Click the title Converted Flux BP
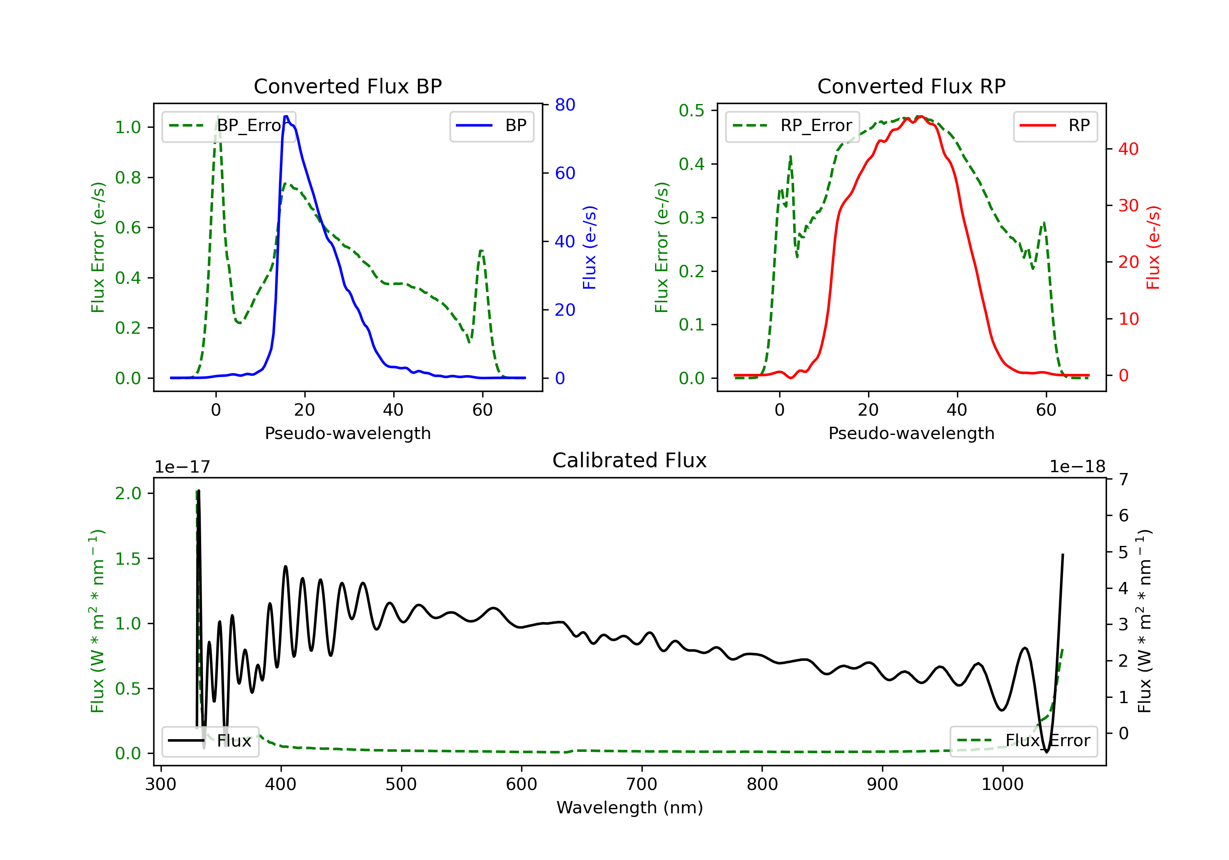pyautogui.click(x=348, y=86)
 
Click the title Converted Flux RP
pyautogui.click(x=912, y=86)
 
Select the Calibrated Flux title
pyautogui.click(x=630, y=460)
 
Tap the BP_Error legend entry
pyautogui.click(x=229, y=126)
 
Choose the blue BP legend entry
pyautogui.click(x=491, y=126)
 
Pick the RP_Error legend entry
pyautogui.click(x=792, y=126)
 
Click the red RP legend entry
pyautogui.click(x=1055, y=126)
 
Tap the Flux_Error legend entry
pyautogui.click(x=1023, y=741)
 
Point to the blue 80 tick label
pyautogui.click(x=565, y=105)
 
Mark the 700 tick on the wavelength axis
pyautogui.click(x=642, y=785)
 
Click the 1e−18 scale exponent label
pyautogui.click(x=1077, y=467)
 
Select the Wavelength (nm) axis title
pyautogui.click(x=630, y=808)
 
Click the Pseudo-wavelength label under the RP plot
pyautogui.click(x=912, y=433)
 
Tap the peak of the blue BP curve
pyautogui.click(x=286, y=116)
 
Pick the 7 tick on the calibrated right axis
pyautogui.click(x=1124, y=479)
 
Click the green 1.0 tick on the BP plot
pyautogui.click(x=128, y=127)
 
